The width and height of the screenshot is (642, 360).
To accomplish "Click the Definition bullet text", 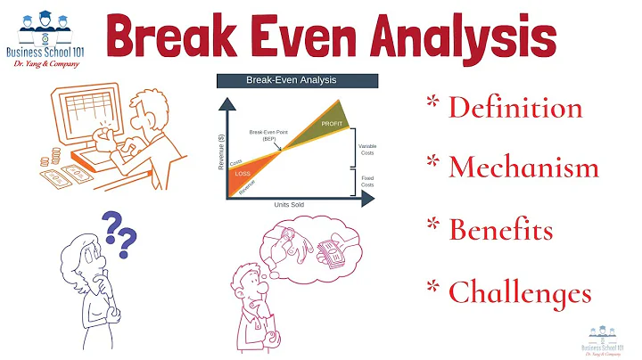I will point(514,108).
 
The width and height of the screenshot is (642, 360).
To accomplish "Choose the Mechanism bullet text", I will point(523,168).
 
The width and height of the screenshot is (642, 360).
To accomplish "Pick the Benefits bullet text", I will point(500,229).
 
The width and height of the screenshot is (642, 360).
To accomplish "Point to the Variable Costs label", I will point(366,149).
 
